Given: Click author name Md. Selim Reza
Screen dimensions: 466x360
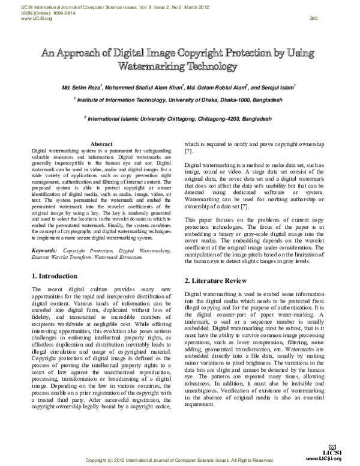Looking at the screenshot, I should (x=80, y=88).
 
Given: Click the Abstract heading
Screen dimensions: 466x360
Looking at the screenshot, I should (x=100, y=145).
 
